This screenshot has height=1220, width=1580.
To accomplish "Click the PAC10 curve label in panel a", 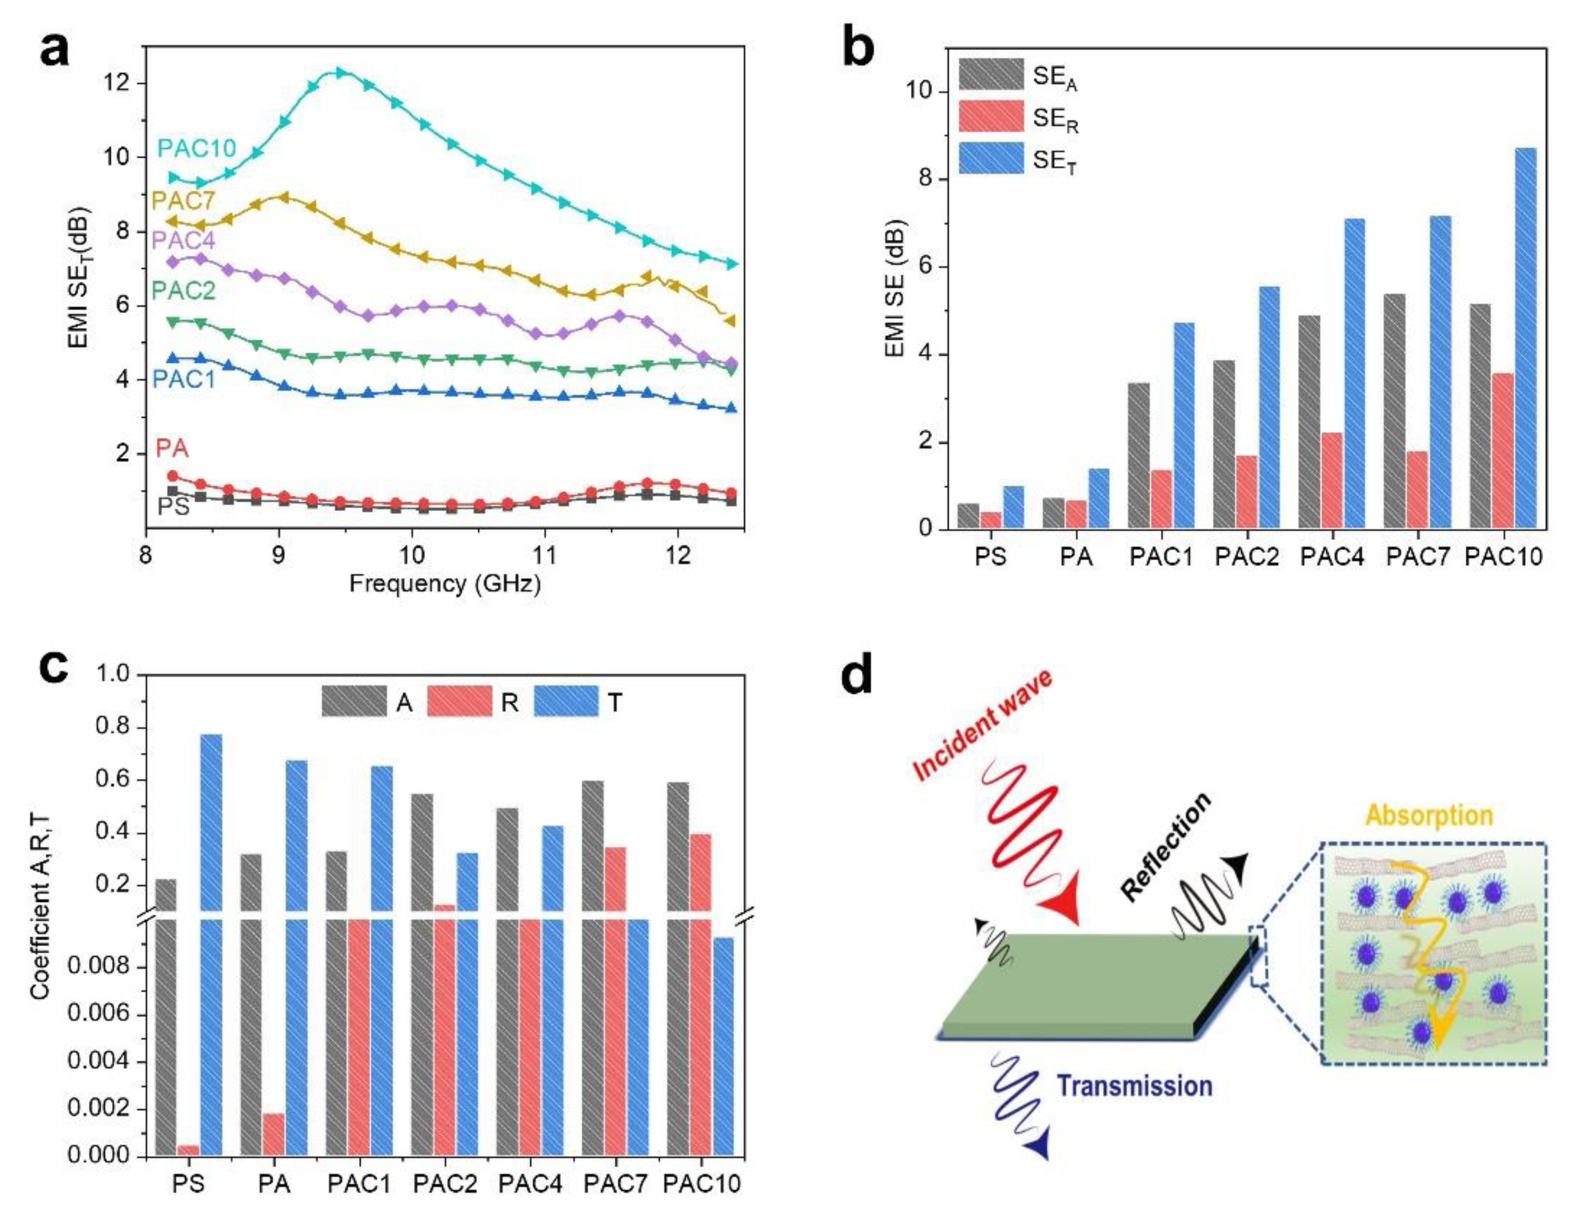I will [x=197, y=148].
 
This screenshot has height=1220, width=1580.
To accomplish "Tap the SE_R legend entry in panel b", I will [x=1055, y=119].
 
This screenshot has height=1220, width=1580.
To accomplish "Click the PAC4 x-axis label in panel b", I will [x=1332, y=557].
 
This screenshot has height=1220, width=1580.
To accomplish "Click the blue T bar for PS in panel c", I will [x=211, y=941].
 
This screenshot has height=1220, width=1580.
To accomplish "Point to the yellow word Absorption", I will [x=1429, y=815].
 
